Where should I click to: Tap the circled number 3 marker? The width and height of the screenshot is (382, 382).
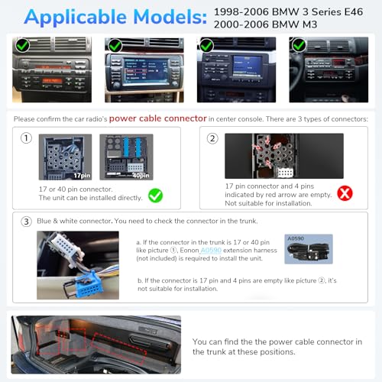click(26, 221)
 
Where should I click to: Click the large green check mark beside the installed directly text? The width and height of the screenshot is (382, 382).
click(155, 196)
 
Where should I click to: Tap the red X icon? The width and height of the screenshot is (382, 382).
click(345, 193)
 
